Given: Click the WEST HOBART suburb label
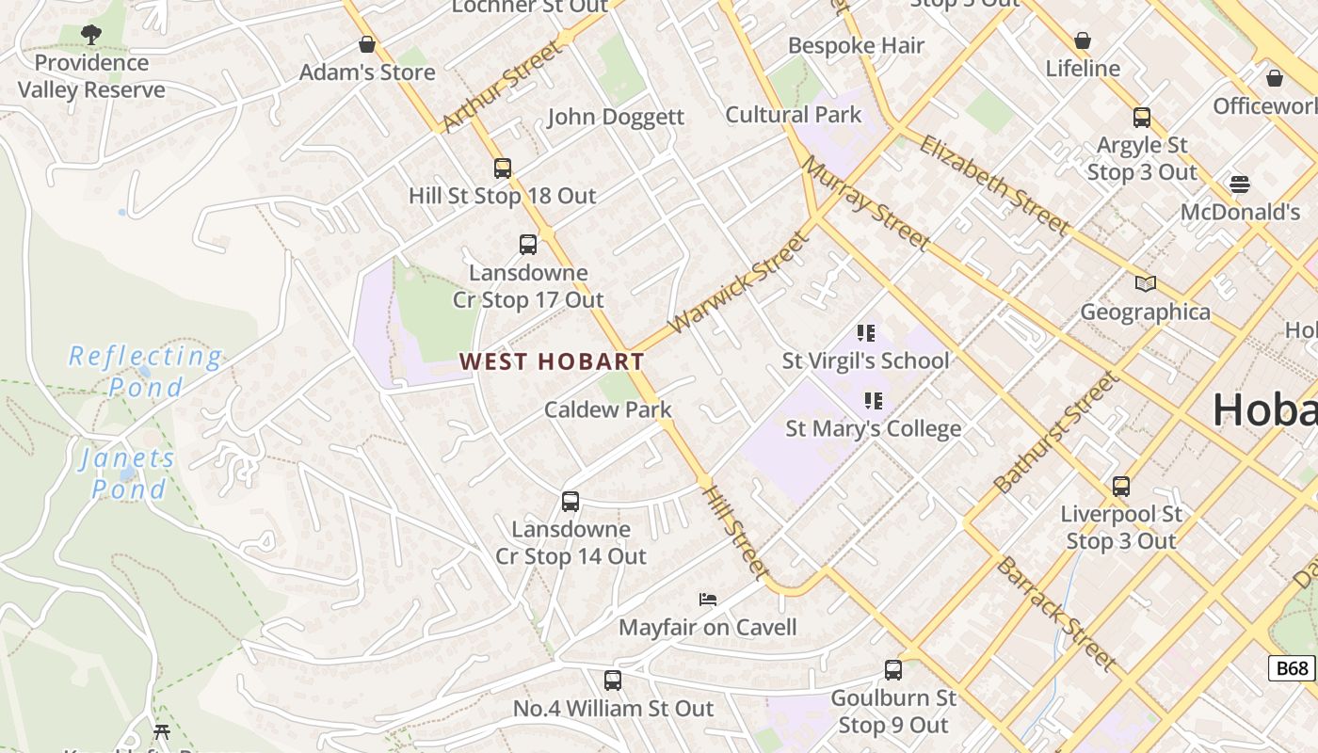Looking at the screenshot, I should click(x=552, y=361).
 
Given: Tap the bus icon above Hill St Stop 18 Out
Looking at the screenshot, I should click(x=503, y=168).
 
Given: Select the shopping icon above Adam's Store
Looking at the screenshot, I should click(x=367, y=44).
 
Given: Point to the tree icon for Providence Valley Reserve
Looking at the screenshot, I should click(x=91, y=35).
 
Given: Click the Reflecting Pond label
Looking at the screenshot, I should click(x=146, y=372).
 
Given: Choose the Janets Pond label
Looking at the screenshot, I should click(x=127, y=473).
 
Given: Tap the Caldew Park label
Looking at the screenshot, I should click(x=608, y=409).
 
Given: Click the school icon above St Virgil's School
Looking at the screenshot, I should click(x=866, y=332).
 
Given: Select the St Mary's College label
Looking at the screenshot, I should click(x=874, y=428).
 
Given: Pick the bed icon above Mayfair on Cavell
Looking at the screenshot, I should click(x=708, y=599).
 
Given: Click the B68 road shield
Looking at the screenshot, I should click(x=1292, y=668).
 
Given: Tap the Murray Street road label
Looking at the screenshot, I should click(x=866, y=202).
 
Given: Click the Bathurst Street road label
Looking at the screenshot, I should click(x=1056, y=433).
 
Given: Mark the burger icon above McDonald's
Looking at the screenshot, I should click(x=1240, y=184).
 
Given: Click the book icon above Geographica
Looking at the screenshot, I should click(x=1145, y=283).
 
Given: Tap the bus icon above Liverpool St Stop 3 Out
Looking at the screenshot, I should click(x=1121, y=486).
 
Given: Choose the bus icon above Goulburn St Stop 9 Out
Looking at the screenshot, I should click(x=893, y=670).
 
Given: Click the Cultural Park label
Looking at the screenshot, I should click(x=793, y=115).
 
